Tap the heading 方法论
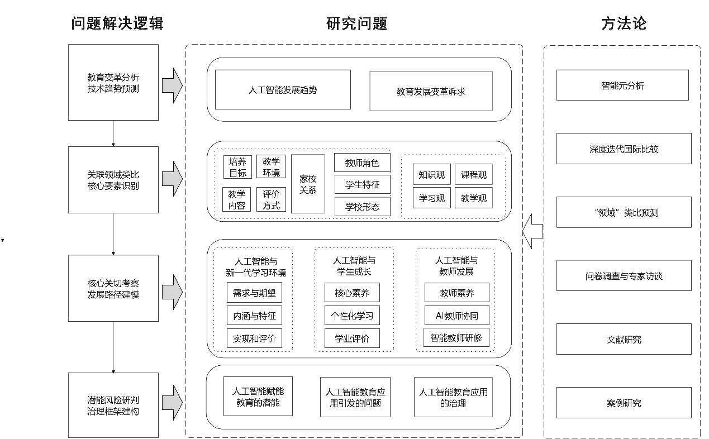(x=624, y=23)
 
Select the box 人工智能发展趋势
(x=283, y=89)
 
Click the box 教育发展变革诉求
(x=431, y=91)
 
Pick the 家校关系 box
(x=308, y=184)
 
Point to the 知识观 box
(x=432, y=174)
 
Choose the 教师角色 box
(x=362, y=163)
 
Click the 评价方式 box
(x=272, y=199)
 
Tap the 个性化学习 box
(x=353, y=316)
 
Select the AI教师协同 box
(x=456, y=316)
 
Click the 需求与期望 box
(x=254, y=293)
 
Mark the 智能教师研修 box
(x=456, y=337)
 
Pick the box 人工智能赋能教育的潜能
(x=258, y=397)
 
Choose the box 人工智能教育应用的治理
(x=453, y=397)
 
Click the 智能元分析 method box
(x=622, y=85)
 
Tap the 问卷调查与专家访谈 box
(x=624, y=276)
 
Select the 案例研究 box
(x=624, y=403)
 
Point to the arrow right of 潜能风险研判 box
(x=173, y=402)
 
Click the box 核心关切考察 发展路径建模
(x=113, y=288)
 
